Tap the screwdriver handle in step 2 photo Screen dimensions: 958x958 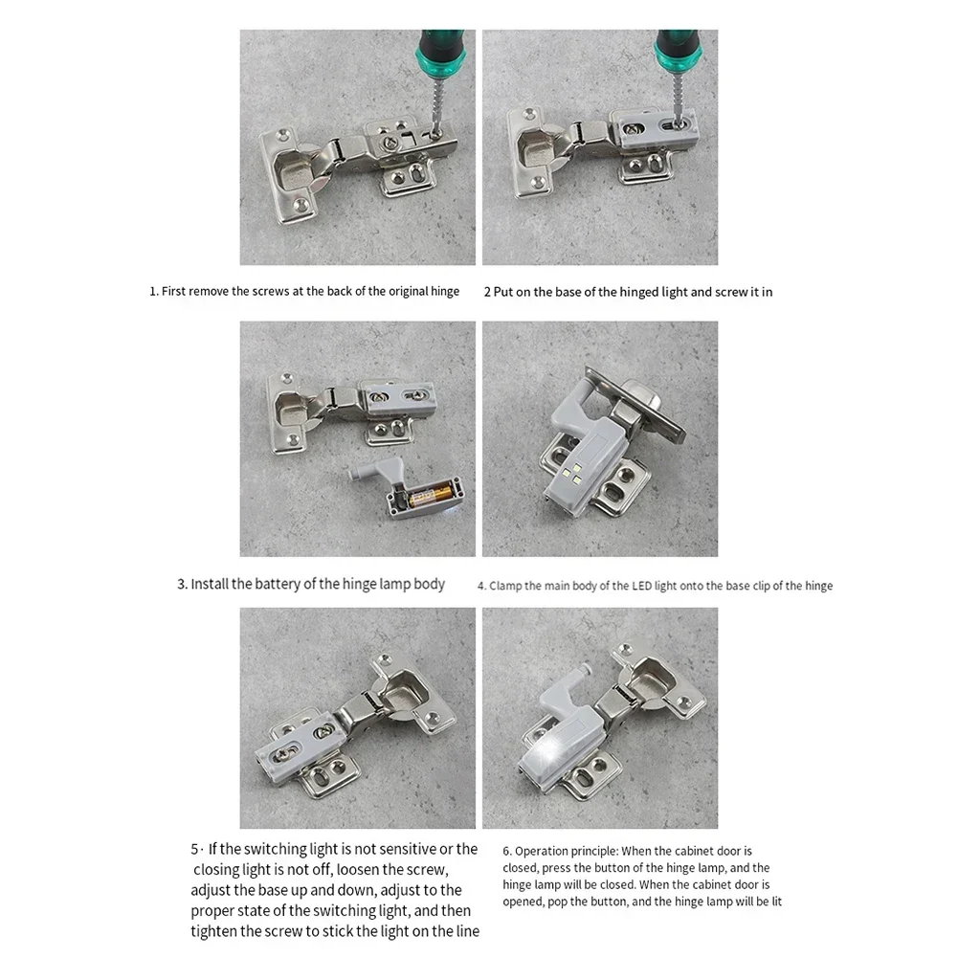pos(679,52)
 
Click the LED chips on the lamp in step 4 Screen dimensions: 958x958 pos(573,474)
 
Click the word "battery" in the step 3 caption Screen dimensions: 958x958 pos(277,584)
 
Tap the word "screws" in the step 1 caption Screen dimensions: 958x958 pos(270,292)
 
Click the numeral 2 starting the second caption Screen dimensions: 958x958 pos(487,292)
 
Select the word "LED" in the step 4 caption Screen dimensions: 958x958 pos(641,586)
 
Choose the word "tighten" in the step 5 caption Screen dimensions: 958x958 pos(213,931)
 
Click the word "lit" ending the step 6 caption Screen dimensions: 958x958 pos(776,902)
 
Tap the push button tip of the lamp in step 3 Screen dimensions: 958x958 pos(353,473)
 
